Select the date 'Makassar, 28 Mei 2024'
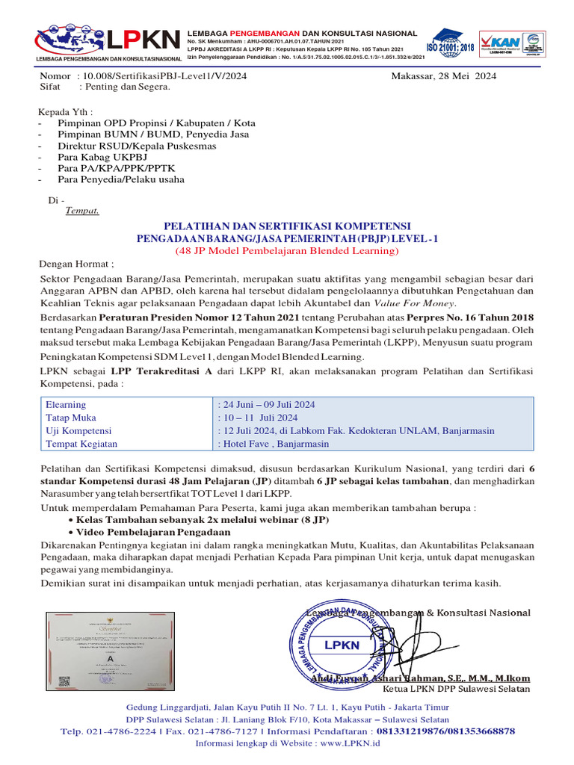click(x=443, y=75)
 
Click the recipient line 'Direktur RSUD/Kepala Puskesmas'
click(x=137, y=146)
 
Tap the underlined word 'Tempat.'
click(x=82, y=211)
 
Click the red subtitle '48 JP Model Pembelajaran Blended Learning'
click(x=287, y=250)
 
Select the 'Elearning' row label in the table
click(x=66, y=404)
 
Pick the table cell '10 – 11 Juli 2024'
click(x=258, y=418)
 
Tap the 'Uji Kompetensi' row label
click(x=78, y=431)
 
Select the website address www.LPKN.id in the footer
click(x=351, y=743)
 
